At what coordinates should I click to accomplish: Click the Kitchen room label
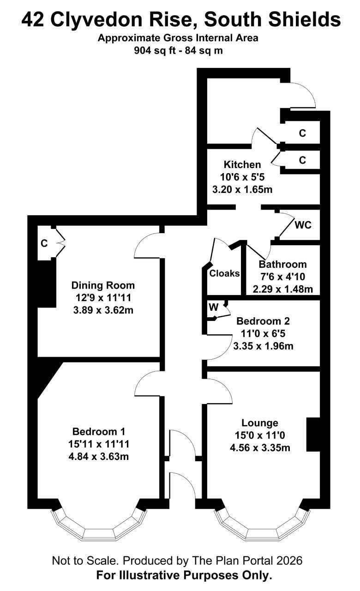242,165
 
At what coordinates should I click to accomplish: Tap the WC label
303,225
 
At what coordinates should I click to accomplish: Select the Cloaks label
224,273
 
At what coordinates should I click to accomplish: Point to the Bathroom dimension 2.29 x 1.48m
283,289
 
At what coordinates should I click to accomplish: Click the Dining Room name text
103,285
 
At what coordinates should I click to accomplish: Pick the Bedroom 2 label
263,321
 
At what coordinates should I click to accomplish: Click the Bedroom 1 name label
99,432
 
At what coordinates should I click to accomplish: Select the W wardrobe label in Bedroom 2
214,307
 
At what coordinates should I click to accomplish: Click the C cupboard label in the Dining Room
44,243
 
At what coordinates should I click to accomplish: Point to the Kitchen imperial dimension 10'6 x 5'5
242,177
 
